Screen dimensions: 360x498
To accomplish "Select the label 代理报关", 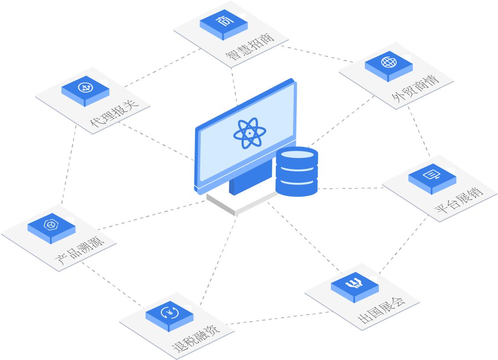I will point(114,113).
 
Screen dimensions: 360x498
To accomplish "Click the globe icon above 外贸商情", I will point(389,62).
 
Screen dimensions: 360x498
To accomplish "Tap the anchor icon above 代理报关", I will point(85,87).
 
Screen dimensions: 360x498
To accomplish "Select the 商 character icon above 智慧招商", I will point(223,21).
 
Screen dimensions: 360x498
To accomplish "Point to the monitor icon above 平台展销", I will point(432,175).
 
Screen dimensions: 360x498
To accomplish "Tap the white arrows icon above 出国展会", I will point(355,283).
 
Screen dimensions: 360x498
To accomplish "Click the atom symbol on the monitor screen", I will point(249,133).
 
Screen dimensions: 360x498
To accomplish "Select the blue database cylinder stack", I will point(296,172).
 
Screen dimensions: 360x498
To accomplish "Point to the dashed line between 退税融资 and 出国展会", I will point(278,319).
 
